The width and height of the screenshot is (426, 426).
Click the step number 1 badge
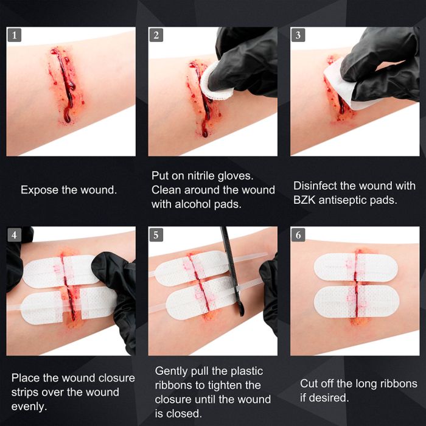(14, 35)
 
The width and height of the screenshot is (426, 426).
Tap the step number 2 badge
(156, 35)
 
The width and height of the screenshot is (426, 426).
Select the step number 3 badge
(298, 35)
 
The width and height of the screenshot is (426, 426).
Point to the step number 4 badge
(14, 234)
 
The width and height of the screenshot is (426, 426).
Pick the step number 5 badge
(156, 234)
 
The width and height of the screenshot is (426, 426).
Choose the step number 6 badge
(298, 234)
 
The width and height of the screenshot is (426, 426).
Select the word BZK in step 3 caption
(306, 200)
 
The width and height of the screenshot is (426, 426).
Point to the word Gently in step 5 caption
(173, 371)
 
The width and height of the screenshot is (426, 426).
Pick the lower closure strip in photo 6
(356, 302)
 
